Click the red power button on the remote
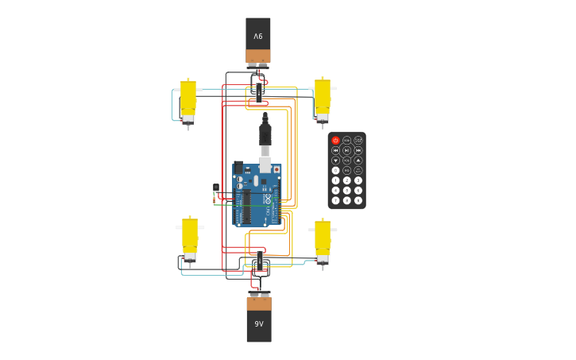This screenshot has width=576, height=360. [335, 141]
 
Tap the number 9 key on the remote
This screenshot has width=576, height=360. [358, 200]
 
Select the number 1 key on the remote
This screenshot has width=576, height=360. [335, 180]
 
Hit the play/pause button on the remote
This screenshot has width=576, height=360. [347, 150]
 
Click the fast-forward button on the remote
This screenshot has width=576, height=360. [358, 150]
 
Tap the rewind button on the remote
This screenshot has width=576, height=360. [335, 150]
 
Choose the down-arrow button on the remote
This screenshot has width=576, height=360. [335, 161]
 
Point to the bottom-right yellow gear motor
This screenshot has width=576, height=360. [322, 238]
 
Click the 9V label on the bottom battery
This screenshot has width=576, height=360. [259, 323]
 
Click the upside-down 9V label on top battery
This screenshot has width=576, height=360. [258, 37]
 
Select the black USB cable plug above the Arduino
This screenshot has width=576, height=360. [265, 134]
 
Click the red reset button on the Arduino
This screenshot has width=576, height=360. [276, 169]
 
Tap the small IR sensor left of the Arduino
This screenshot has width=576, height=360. [216, 188]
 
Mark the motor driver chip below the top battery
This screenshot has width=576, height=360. [259, 91]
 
